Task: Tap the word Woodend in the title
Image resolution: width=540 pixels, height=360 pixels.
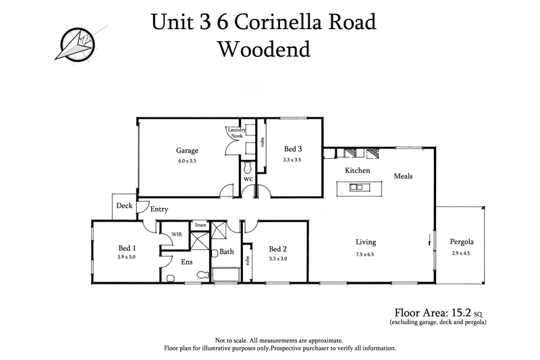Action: (x=263, y=49)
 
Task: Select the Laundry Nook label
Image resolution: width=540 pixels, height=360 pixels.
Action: (x=236, y=133)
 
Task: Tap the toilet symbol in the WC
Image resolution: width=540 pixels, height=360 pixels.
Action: (x=248, y=167)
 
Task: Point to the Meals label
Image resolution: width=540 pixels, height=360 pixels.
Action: (x=403, y=176)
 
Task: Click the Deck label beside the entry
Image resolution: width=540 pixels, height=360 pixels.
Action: (x=124, y=205)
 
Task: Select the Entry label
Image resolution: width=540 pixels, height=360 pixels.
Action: (x=159, y=209)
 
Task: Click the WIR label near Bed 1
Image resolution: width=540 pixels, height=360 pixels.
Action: (x=176, y=234)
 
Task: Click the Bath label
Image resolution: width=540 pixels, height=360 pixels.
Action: (x=227, y=252)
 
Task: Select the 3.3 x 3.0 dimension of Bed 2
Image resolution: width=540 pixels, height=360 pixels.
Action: (x=278, y=259)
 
